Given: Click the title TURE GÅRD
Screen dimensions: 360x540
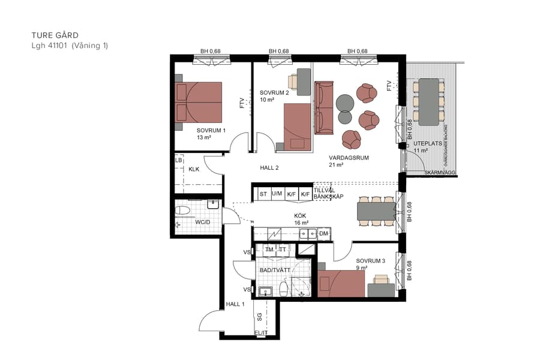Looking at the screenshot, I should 55,35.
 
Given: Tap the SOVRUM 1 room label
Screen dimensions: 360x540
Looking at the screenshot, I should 211,130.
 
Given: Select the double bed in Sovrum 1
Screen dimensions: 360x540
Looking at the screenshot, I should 199,102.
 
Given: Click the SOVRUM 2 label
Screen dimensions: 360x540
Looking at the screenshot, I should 274,93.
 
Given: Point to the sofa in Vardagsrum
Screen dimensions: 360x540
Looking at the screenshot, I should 324,108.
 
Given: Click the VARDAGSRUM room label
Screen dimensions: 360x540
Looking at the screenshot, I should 349,158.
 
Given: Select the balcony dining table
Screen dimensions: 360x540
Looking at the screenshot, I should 428,101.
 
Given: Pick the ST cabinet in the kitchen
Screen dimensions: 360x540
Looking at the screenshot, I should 263,194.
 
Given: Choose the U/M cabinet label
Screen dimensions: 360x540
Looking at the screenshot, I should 277,194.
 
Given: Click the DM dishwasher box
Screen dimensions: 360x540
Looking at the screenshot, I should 323,233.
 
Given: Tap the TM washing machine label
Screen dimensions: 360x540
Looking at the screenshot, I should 269,249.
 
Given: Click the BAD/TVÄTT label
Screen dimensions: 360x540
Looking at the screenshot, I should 275,271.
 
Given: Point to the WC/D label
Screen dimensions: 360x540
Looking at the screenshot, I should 202,223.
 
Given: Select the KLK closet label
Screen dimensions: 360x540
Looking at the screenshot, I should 194,170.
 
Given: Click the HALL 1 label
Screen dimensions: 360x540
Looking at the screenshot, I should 235,305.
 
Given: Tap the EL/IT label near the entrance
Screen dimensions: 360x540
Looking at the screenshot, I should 261,332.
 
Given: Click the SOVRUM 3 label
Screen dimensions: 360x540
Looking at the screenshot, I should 370,261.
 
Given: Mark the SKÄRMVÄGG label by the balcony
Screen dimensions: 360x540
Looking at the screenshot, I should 440,173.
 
